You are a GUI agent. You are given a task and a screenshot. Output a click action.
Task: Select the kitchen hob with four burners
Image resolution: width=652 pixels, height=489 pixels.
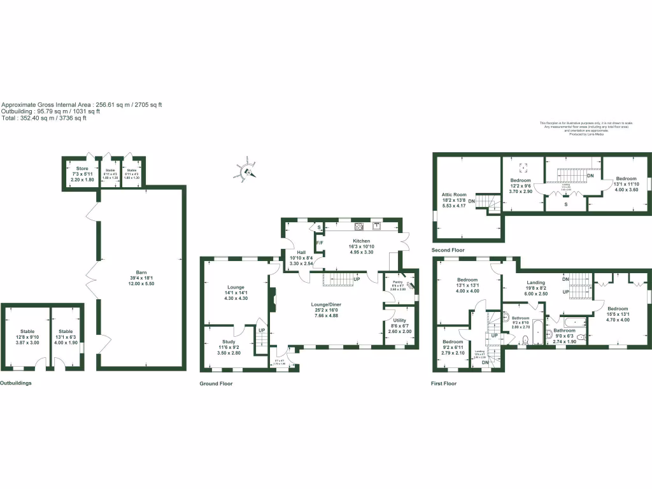click(x=358, y=225)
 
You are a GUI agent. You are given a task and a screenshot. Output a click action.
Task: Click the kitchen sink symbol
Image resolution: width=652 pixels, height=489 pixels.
click(x=377, y=225)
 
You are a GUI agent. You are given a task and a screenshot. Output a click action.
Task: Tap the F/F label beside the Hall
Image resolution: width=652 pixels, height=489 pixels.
click(x=320, y=243)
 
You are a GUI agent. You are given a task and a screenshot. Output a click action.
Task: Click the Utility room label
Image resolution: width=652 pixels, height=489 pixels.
click(x=399, y=321)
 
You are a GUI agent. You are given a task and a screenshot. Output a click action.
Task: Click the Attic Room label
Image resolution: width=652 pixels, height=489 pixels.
click(x=455, y=194)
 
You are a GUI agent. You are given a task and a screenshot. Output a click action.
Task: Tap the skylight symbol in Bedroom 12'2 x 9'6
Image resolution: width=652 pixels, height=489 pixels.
click(x=523, y=168)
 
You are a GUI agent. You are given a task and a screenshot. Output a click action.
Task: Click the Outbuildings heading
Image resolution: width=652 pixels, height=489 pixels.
click(x=15, y=383)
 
